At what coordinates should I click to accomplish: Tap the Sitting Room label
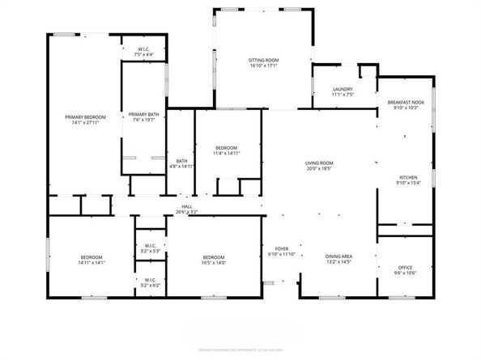pyautogui.click(x=263, y=61)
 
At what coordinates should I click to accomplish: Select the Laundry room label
pyautogui.click(x=343, y=89)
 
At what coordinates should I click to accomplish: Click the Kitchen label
pyautogui.click(x=407, y=177)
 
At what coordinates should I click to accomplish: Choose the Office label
pyautogui.click(x=406, y=268)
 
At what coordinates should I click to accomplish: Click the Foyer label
pyautogui.click(x=281, y=248)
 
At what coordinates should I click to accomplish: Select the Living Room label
pyautogui.click(x=320, y=163)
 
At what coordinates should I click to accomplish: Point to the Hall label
pyautogui.click(x=186, y=207)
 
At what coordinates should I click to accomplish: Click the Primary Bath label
pyautogui.click(x=143, y=115)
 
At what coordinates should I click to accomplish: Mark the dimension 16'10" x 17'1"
pyautogui.click(x=263, y=67)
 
